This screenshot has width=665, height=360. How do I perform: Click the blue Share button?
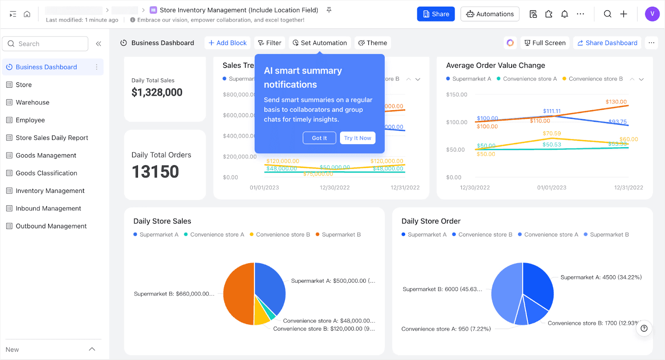point(436,14)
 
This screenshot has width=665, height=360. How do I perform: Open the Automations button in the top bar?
point(490,14)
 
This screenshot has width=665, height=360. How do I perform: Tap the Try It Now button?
point(357,138)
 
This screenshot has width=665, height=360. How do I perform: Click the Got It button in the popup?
point(319,138)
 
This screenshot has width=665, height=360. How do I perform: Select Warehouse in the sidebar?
point(32,102)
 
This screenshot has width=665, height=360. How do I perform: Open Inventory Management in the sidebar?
point(50,191)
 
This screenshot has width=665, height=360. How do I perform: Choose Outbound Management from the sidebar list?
point(51,226)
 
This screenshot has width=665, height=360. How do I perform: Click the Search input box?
point(45,44)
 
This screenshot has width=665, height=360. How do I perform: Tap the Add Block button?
point(227,43)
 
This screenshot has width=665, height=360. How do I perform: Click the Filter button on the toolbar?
point(269,43)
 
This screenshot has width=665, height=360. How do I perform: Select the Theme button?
point(373,43)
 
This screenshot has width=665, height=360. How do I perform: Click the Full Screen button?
point(545,43)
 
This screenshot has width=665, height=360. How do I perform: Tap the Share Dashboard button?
point(607,43)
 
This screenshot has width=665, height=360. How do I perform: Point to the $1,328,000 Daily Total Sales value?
point(157,92)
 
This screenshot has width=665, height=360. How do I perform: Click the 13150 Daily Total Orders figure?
point(155,172)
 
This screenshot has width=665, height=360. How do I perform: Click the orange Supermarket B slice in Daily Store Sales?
point(238,294)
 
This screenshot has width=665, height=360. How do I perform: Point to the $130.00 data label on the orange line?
point(616,102)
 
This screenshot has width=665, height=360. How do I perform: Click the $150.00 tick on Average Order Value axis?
point(456,95)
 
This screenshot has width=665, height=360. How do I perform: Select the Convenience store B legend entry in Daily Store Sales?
point(283,234)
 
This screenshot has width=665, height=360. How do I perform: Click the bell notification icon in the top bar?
point(564,14)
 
